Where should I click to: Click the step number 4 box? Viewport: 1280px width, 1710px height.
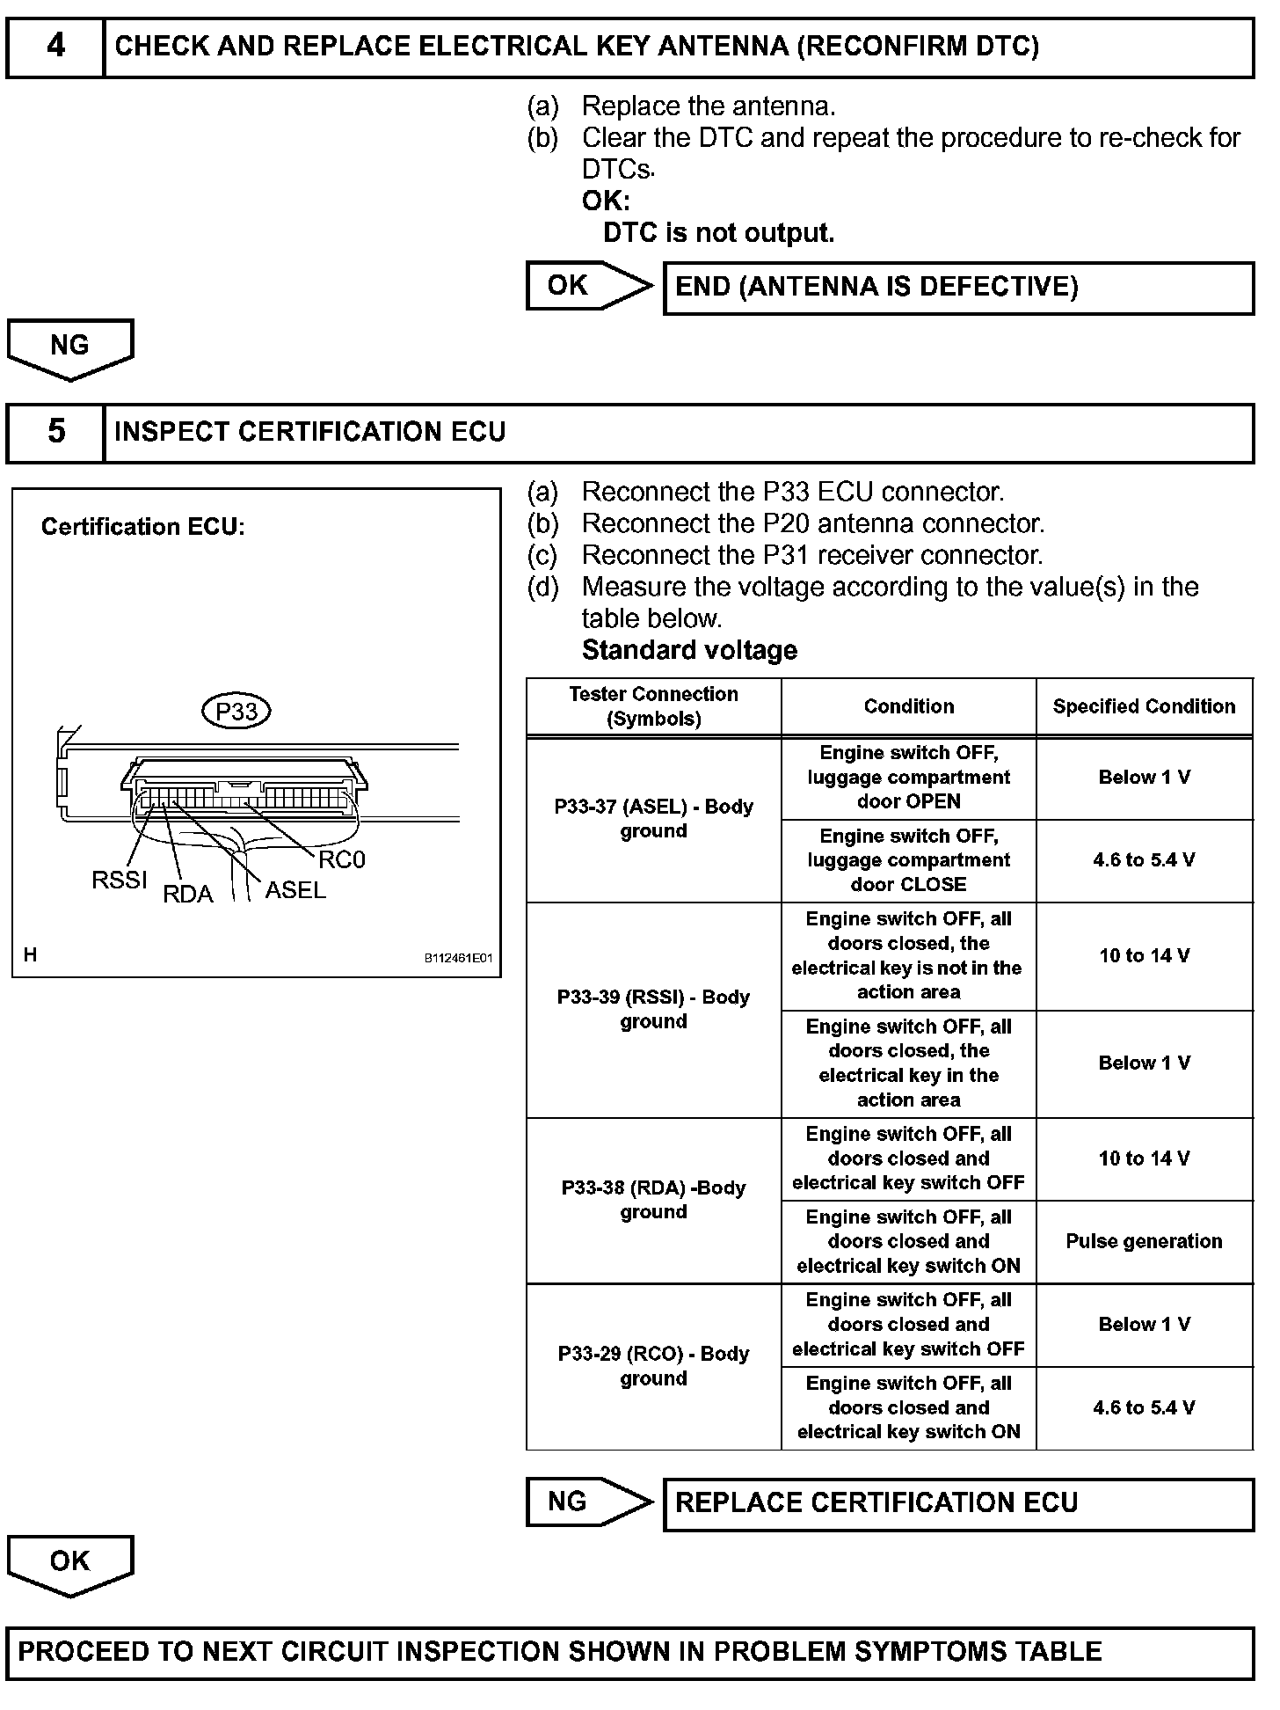[x=55, y=46]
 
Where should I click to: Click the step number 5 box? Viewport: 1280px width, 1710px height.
[x=55, y=432]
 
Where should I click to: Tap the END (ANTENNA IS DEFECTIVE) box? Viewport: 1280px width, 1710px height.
[x=958, y=288]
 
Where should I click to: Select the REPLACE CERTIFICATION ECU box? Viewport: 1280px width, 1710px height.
[x=958, y=1503]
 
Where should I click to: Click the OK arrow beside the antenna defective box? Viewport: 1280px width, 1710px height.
[x=586, y=286]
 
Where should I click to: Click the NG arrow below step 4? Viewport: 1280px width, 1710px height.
[x=69, y=347]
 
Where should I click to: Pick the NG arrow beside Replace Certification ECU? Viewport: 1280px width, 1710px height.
[x=586, y=1502]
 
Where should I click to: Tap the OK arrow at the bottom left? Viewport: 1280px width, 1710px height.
[x=69, y=1563]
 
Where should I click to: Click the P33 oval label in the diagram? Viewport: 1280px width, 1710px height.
[x=236, y=711]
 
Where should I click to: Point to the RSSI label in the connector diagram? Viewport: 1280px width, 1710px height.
[x=120, y=881]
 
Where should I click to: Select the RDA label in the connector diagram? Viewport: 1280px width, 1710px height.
[x=188, y=895]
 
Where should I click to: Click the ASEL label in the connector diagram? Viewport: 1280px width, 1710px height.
[x=295, y=890]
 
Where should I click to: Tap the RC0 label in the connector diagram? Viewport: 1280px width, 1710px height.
[x=341, y=859]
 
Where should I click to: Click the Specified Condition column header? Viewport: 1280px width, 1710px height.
[x=1144, y=706]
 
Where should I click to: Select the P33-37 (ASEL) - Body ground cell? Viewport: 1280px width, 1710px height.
[x=653, y=819]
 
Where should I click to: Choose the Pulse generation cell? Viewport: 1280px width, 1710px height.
[x=1144, y=1241]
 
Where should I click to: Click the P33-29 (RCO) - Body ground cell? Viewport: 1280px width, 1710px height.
[x=653, y=1366]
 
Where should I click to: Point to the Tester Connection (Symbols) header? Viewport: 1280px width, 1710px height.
[x=653, y=706]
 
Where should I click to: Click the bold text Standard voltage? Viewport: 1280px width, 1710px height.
[x=689, y=651]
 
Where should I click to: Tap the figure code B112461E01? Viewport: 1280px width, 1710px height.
[x=458, y=958]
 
